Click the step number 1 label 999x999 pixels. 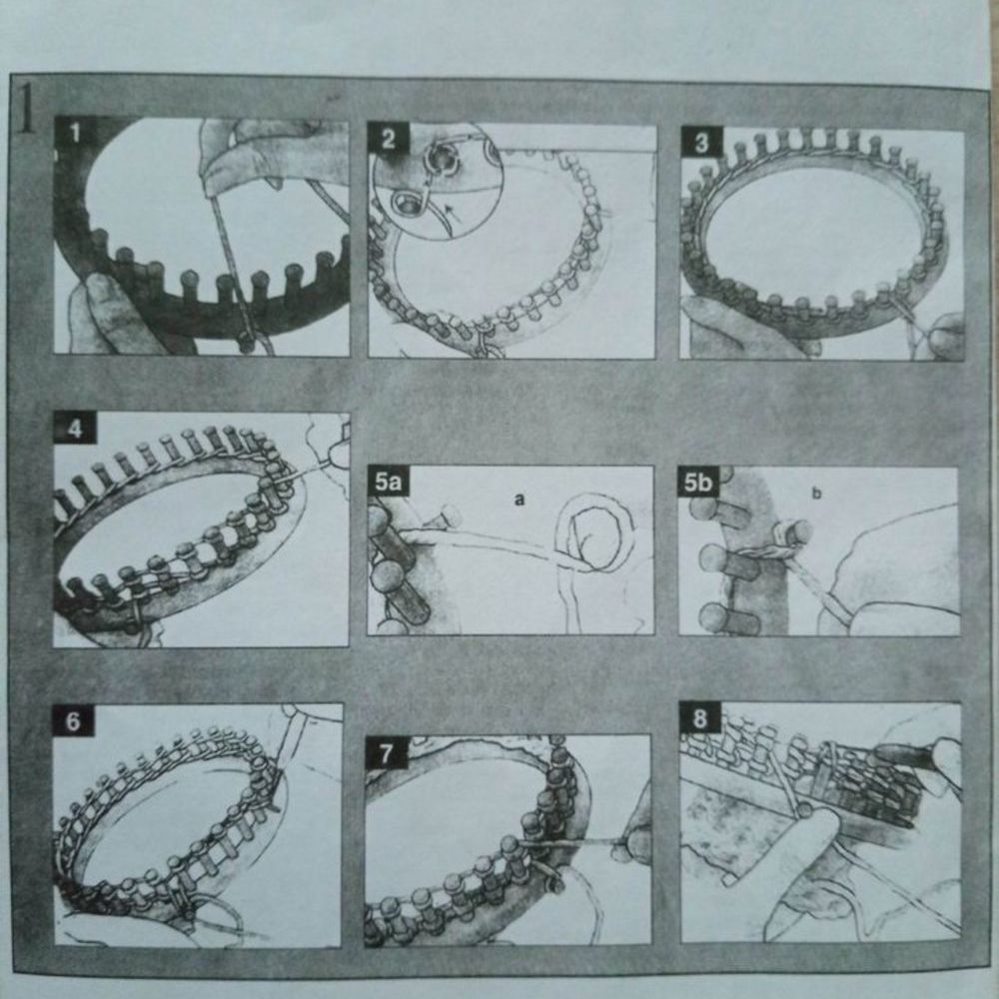75,133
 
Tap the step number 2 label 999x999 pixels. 388,139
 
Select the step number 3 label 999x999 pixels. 701,143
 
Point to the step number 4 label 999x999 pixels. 75,429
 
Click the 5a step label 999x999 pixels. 388,482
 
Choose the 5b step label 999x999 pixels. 698,483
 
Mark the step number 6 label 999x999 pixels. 73,721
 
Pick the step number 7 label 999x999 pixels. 386,753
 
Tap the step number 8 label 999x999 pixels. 699,718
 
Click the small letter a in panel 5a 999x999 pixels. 519,499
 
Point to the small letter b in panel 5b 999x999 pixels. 817,494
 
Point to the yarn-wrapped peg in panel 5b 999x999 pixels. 789,537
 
